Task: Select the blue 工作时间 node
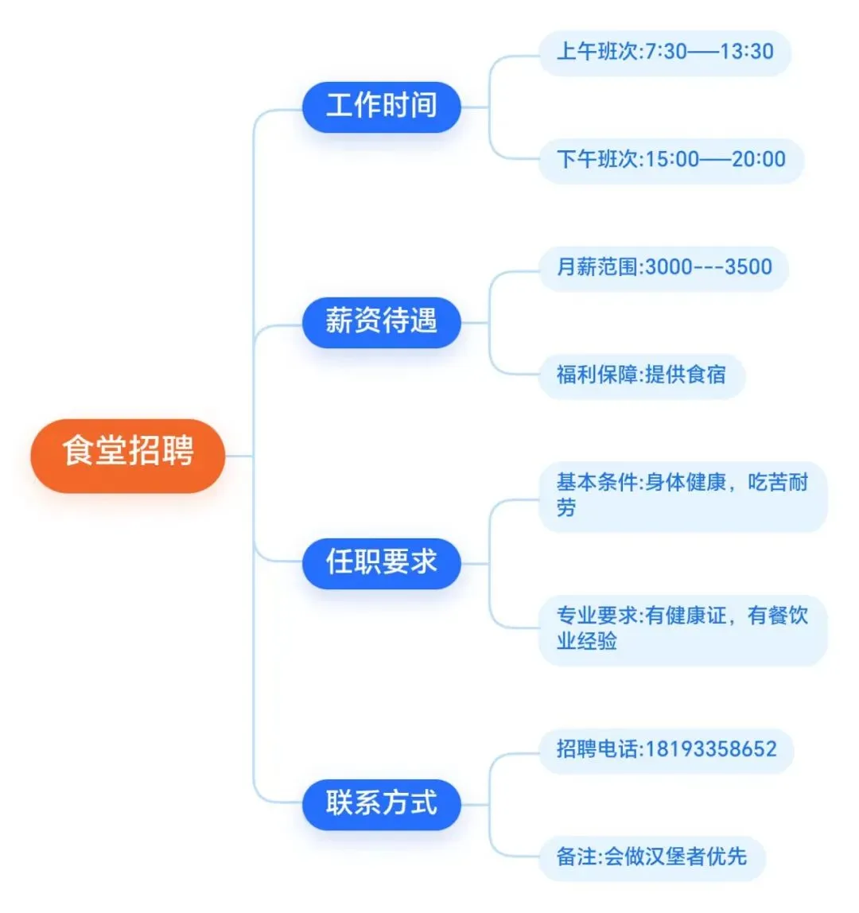point(381,107)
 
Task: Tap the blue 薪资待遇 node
point(381,322)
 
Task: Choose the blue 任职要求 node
point(381,563)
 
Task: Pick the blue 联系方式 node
point(381,804)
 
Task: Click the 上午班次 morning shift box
point(664,52)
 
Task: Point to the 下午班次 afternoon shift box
point(670,160)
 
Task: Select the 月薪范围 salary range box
point(663,268)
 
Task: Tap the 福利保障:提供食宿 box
point(641,375)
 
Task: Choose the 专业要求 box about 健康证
point(682,629)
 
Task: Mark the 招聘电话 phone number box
point(666,750)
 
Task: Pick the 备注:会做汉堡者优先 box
point(651,857)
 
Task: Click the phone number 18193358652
point(711,750)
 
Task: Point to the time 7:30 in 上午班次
point(666,52)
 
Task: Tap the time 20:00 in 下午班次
point(759,160)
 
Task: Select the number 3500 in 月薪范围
point(748,268)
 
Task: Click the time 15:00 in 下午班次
point(672,160)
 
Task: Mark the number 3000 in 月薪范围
point(669,268)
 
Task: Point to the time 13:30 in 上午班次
point(747,52)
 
